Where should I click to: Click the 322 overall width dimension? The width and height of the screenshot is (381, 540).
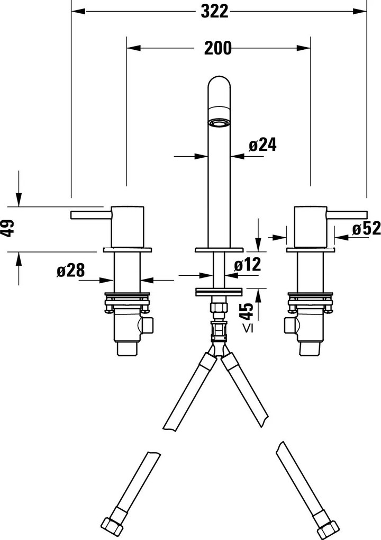pos(214,10)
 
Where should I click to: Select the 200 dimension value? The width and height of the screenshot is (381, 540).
pos(217,48)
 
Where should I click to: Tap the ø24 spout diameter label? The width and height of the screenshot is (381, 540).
pos(262,145)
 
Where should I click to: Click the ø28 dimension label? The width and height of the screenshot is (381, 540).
pos(70,271)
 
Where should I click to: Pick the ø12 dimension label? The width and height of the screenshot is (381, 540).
pos(247,265)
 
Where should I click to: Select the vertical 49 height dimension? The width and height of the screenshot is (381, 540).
pos(7,229)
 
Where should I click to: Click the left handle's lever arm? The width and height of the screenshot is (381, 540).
pos(90,214)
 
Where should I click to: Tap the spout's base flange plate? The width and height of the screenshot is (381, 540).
pos(219,248)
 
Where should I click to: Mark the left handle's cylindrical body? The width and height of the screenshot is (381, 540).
pos(127,226)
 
